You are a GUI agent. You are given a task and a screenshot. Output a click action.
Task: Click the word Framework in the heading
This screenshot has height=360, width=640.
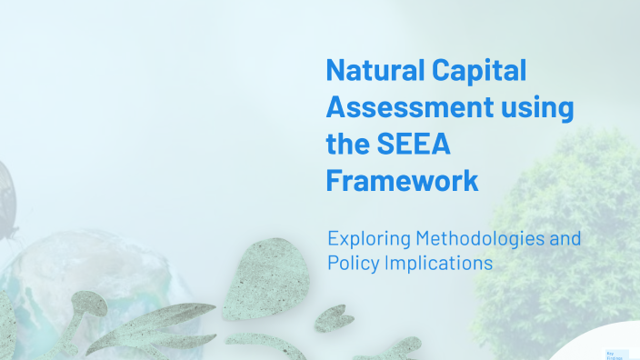click(x=402, y=180)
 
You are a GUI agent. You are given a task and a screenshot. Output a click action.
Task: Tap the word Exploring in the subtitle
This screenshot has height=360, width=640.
click(x=367, y=239)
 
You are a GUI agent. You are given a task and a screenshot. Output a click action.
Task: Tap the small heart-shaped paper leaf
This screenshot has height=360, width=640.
click(x=333, y=317)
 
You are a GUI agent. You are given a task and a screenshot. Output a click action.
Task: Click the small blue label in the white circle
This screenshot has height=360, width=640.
click(x=612, y=354)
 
